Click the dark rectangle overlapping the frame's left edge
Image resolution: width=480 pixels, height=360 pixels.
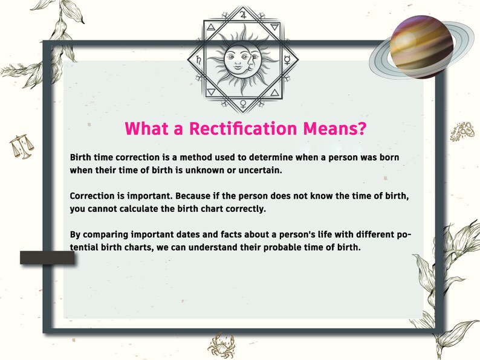pos(47,258)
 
